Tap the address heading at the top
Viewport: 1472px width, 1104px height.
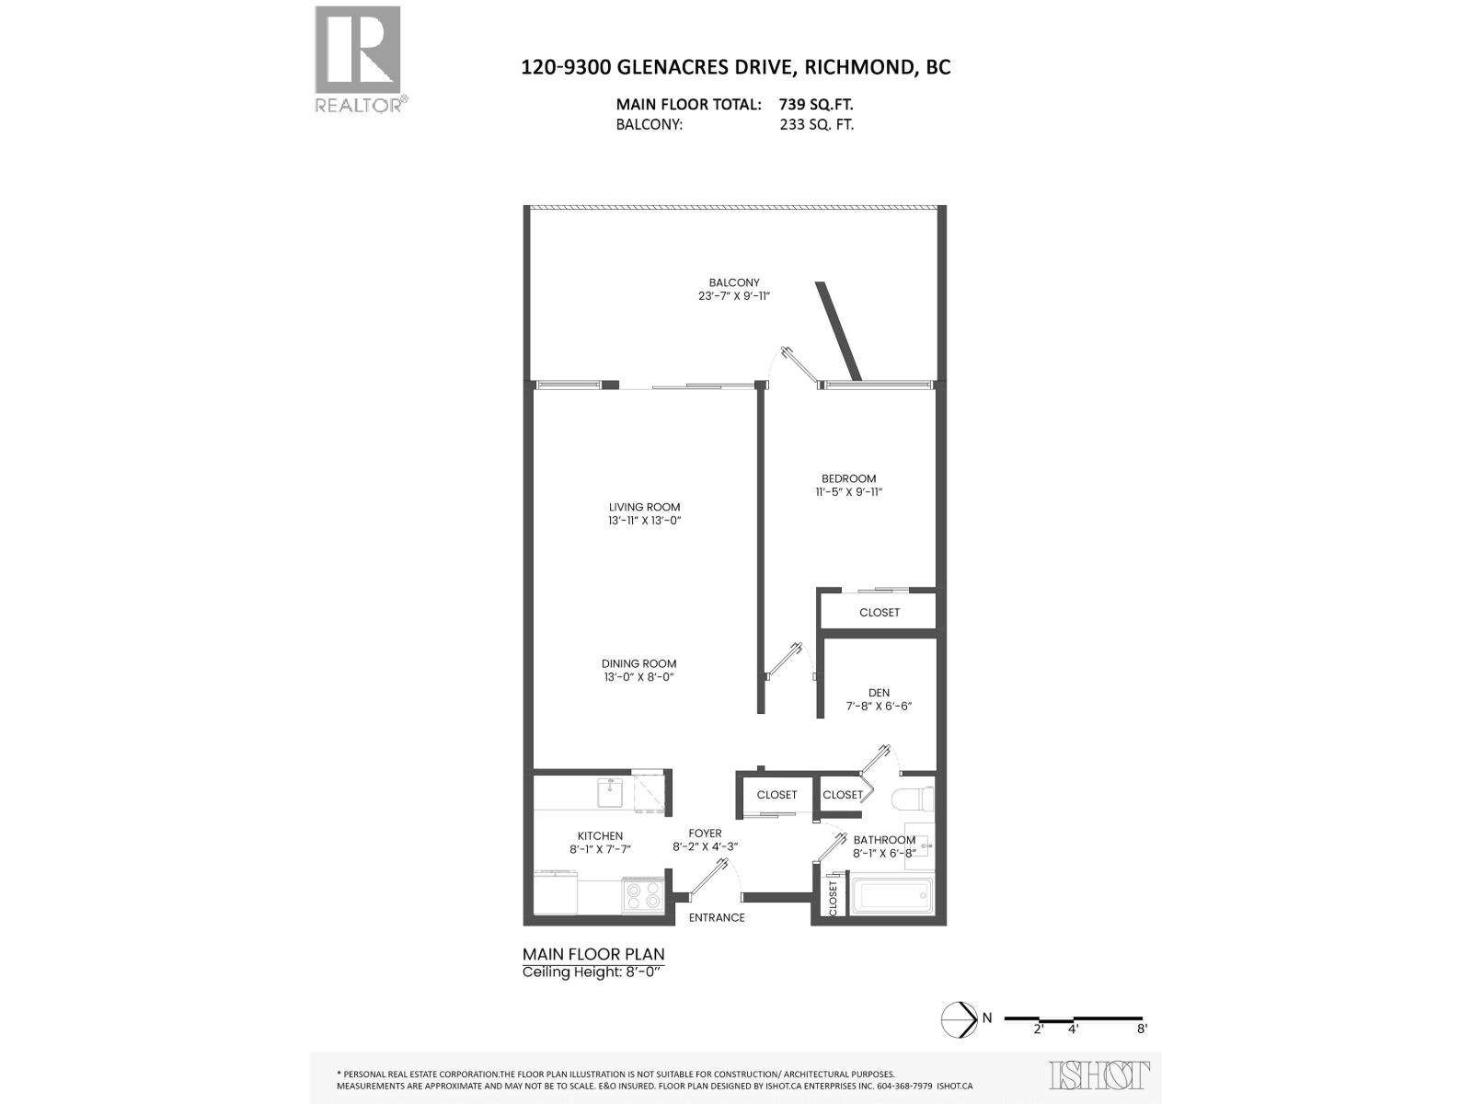[x=735, y=67]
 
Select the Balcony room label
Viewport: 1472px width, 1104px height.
[x=733, y=282]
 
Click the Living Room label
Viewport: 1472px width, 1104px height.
[x=644, y=507]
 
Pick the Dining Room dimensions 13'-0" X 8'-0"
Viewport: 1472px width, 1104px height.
[x=638, y=677]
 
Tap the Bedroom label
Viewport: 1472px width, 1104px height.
[x=848, y=478]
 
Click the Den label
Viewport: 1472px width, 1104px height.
[x=879, y=693]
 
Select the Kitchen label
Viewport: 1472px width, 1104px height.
[x=600, y=835]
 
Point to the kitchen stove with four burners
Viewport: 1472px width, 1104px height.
[x=643, y=894]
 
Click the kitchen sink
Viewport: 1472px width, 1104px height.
[x=611, y=792]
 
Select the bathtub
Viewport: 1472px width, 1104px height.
[x=891, y=896]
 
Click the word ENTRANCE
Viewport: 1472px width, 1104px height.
[x=717, y=917]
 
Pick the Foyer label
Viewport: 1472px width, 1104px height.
[x=705, y=834]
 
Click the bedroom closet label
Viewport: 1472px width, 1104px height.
[x=880, y=613]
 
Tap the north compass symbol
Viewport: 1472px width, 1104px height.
[x=959, y=1018]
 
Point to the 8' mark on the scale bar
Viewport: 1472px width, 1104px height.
[x=1142, y=1029]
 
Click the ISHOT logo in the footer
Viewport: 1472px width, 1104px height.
[x=1099, y=1075]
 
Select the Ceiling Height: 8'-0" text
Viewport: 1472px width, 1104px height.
[x=592, y=972]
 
